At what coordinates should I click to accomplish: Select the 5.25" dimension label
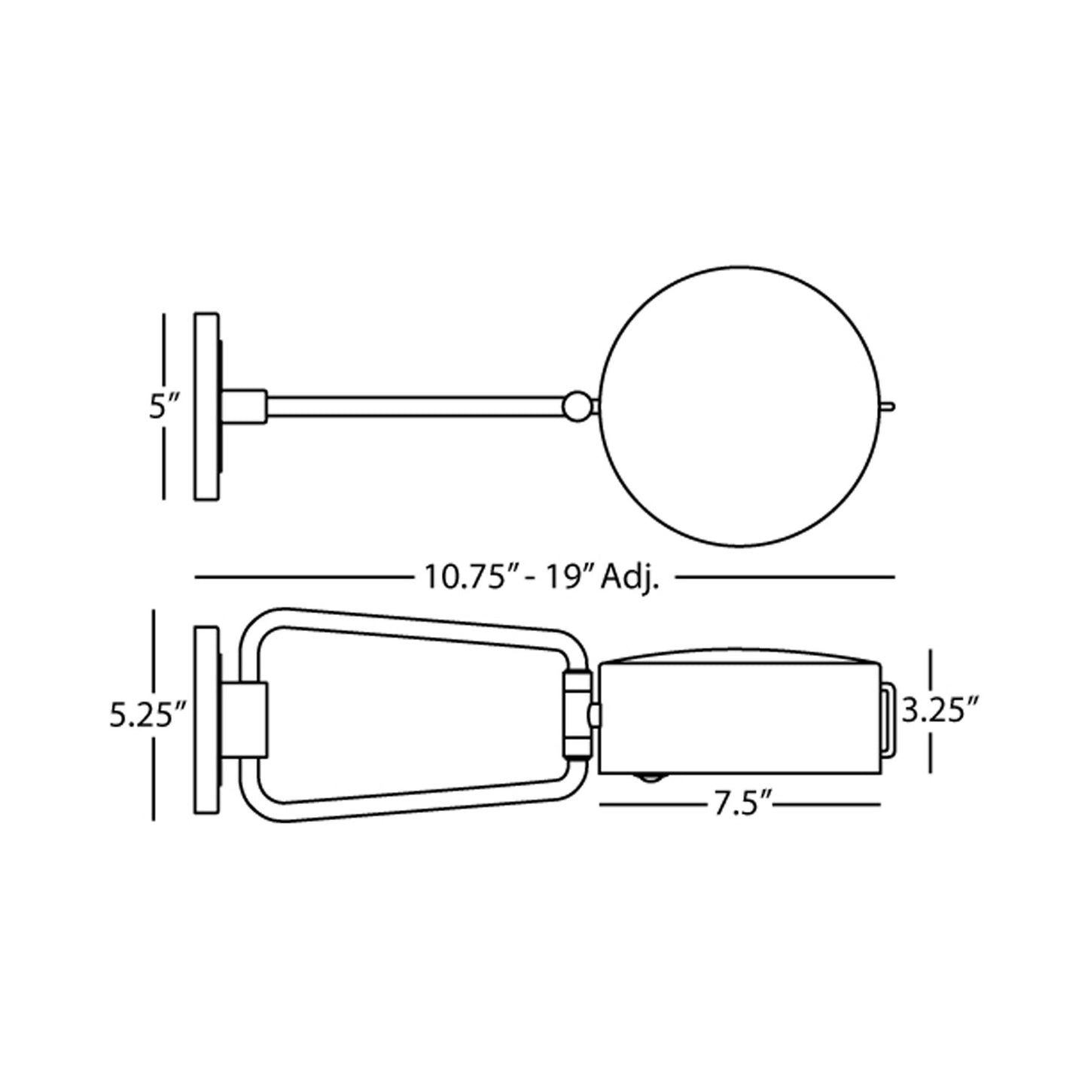[148, 716]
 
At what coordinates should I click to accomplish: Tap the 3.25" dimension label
[934, 711]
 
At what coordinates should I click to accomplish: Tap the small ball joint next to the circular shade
[576, 407]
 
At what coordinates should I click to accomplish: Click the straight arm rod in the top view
[414, 407]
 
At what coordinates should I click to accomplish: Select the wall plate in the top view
[206, 407]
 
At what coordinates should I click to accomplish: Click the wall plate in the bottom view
[206, 719]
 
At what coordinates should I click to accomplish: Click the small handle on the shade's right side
[888, 718]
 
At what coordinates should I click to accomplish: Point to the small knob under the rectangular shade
[650, 779]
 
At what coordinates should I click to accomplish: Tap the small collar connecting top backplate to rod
[245, 407]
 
